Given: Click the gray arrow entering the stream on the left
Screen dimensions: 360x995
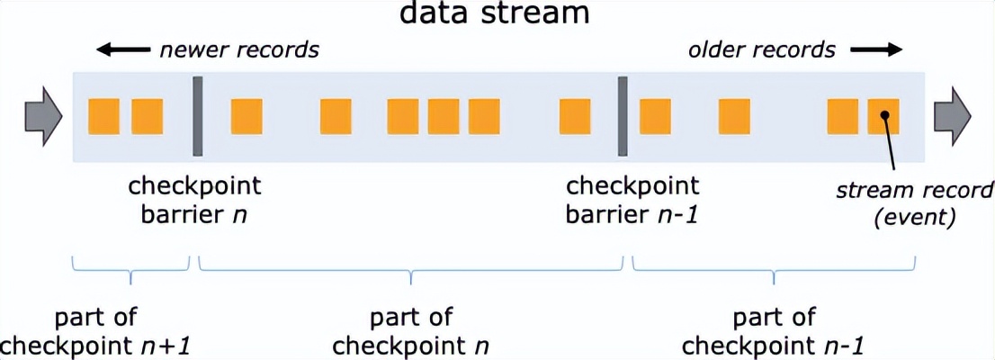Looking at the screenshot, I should [41, 116].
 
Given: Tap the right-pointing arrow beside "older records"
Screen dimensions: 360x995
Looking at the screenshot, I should [874, 50].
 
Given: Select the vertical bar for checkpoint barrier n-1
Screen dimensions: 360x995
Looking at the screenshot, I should [621, 116].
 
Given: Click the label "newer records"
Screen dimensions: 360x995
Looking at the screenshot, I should [239, 50].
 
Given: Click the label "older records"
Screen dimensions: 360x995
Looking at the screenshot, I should [762, 50].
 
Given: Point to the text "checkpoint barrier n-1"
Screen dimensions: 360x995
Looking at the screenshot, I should [632, 200].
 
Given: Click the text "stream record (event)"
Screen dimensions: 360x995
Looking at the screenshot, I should [914, 202].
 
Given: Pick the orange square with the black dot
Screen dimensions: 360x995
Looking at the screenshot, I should [883, 116].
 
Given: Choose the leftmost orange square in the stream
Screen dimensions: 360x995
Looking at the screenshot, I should [104, 116].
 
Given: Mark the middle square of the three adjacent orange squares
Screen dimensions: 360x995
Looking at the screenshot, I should [444, 116].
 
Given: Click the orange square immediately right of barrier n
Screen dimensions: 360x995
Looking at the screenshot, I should [247, 116].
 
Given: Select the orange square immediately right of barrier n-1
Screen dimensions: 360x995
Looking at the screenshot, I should [655, 116].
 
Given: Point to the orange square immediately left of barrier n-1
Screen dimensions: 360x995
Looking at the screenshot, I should [575, 116].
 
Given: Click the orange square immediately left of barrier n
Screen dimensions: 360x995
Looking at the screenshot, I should [147, 116].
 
